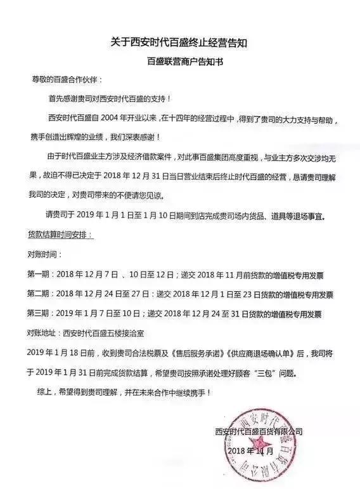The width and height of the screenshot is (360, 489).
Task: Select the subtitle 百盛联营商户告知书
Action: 180,63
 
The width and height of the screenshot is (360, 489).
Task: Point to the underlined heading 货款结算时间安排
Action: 60,235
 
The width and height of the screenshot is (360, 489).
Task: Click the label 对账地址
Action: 42,332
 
